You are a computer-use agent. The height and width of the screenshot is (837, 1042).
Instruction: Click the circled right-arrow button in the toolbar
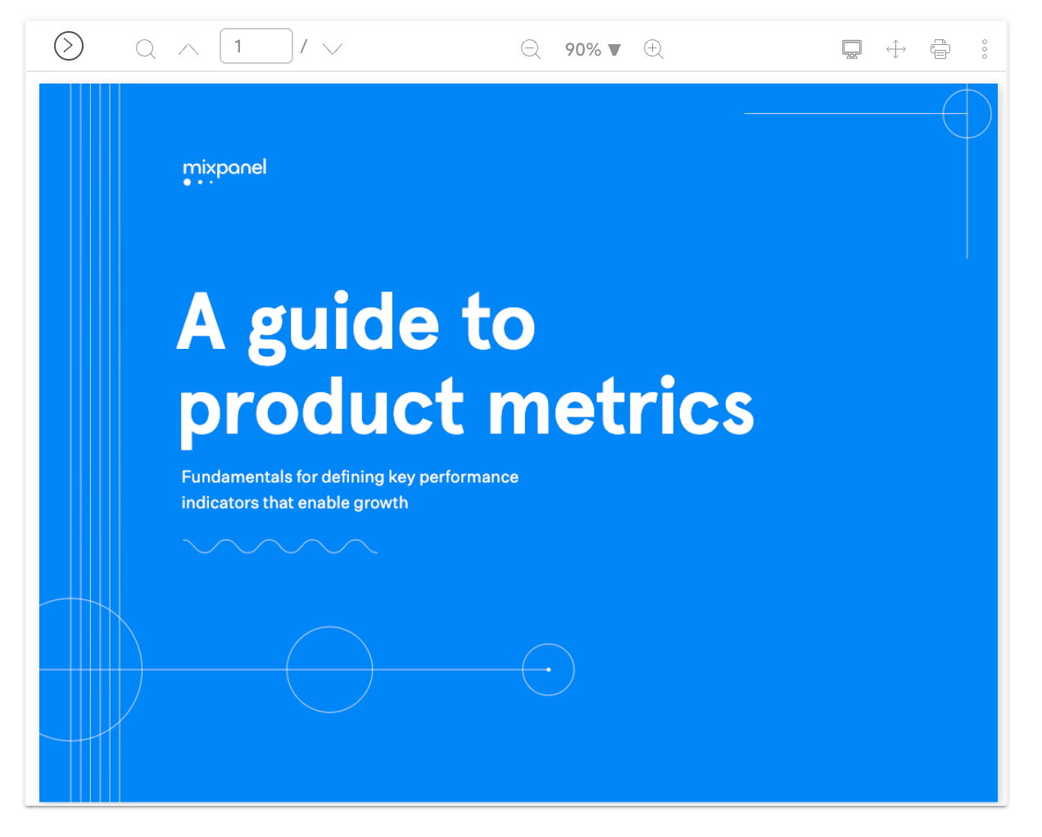pyautogui.click(x=69, y=46)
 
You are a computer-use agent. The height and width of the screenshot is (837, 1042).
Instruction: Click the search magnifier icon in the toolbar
pyautogui.click(x=146, y=49)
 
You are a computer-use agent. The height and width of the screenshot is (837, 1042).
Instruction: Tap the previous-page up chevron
pyautogui.click(x=188, y=49)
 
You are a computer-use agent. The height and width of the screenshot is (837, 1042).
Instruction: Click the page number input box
pyautogui.click(x=256, y=46)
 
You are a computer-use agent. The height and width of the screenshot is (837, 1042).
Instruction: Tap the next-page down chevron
pyautogui.click(x=333, y=49)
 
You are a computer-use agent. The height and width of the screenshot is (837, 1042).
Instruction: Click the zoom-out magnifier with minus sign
pyautogui.click(x=531, y=49)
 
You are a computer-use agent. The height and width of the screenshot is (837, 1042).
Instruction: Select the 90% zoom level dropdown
pyautogui.click(x=592, y=49)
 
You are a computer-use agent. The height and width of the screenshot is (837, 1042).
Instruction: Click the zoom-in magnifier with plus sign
pyautogui.click(x=654, y=49)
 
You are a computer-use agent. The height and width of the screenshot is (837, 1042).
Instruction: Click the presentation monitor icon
pyautogui.click(x=852, y=49)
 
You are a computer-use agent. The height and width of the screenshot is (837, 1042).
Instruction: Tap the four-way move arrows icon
pyautogui.click(x=896, y=49)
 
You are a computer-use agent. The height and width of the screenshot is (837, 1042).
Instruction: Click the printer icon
pyautogui.click(x=940, y=49)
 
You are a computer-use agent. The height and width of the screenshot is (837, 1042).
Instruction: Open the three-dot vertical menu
pyautogui.click(x=985, y=49)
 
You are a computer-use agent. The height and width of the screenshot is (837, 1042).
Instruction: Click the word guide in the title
pyautogui.click(x=344, y=327)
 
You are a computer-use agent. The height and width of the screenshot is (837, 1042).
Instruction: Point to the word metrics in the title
pyautogui.click(x=621, y=405)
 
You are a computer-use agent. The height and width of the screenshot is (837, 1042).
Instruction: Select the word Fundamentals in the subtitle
pyautogui.click(x=237, y=477)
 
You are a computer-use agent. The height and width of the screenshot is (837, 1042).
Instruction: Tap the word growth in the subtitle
pyautogui.click(x=381, y=504)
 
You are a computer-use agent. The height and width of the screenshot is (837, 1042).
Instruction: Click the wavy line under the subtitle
pyautogui.click(x=280, y=546)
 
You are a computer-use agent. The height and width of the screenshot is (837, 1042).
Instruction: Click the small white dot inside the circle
pyautogui.click(x=549, y=669)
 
